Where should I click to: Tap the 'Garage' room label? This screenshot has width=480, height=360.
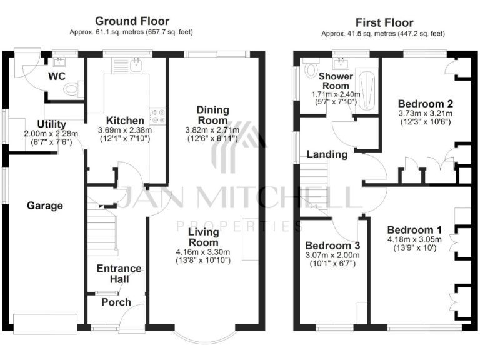pyautogui.click(x=44, y=205)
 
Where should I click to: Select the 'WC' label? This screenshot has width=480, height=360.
pyautogui.click(x=57, y=76)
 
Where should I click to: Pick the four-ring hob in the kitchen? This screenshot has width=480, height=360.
pyautogui.click(x=157, y=116)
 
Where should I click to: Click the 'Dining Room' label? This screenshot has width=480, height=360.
pyautogui.click(x=213, y=115)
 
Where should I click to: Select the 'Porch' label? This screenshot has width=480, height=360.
pyautogui.click(x=116, y=302)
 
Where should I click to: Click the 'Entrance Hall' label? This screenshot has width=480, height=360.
pyautogui.click(x=119, y=274)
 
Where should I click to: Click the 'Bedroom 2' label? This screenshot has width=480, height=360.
pyautogui.click(x=425, y=103)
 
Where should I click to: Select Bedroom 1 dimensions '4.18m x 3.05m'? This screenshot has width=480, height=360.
pyautogui.click(x=414, y=239)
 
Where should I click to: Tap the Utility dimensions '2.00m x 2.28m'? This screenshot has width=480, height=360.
pyautogui.click(x=51, y=133)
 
